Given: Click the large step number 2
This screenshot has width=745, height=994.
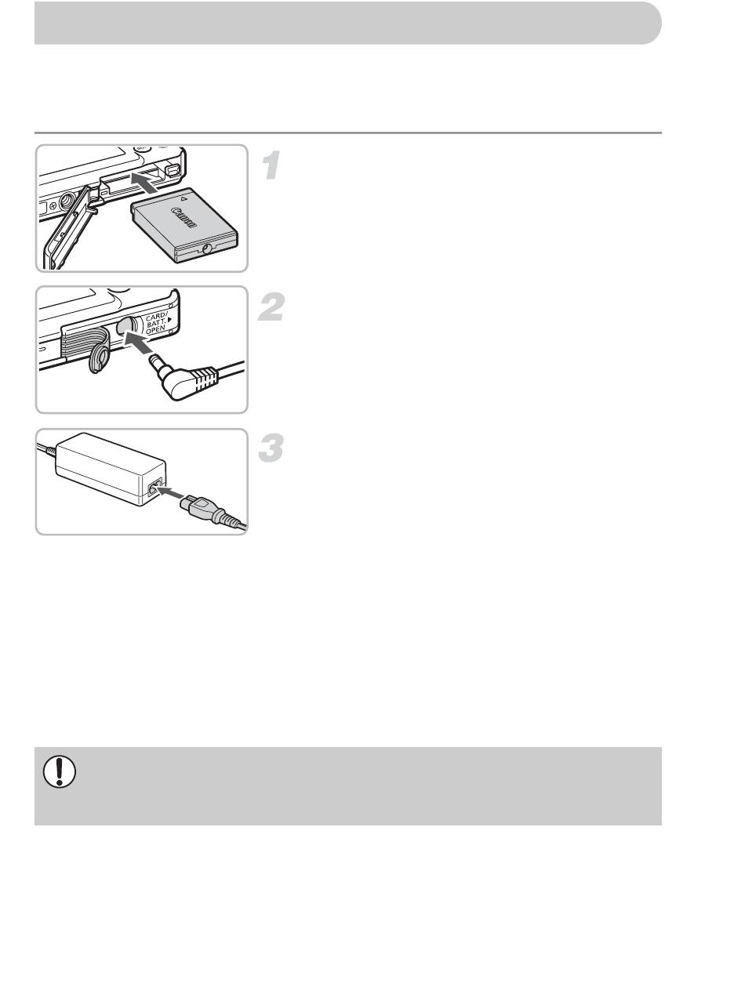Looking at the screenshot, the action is [271, 307].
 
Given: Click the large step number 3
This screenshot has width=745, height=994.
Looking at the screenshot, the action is [271, 448].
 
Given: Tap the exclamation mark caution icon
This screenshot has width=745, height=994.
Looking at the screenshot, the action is [60, 771].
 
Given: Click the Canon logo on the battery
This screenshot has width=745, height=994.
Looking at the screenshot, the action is [184, 218].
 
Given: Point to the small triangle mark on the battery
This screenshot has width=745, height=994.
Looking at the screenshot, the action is [184, 198].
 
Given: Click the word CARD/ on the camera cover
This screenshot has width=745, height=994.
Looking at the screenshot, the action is [156, 317].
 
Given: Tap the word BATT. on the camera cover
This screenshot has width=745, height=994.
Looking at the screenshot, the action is [156, 323].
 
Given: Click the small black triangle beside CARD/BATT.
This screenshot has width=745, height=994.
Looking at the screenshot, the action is [170, 320].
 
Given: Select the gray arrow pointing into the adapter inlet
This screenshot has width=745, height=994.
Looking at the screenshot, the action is [171, 492].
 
